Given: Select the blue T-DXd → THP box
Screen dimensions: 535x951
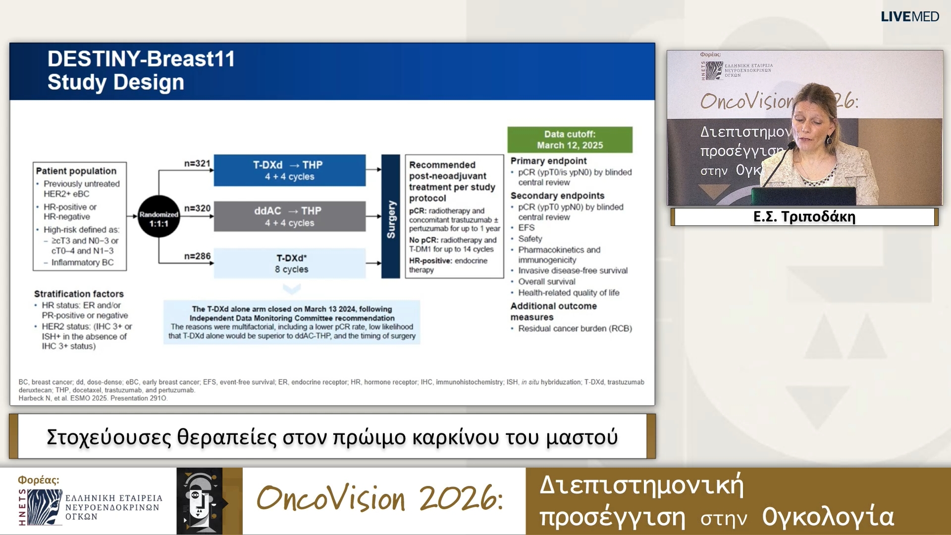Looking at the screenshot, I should [290, 170].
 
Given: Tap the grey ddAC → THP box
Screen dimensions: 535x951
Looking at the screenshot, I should [290, 216].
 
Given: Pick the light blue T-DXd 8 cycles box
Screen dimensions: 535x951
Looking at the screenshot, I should [290, 264].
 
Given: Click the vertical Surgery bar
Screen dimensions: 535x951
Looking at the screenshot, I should [391, 216].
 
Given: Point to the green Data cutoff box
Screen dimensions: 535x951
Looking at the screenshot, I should [570, 140].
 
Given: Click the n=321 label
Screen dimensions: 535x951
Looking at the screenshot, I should [197, 163].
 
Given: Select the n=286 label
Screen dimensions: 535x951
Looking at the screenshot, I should [197, 256].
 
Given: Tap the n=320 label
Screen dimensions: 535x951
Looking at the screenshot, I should [197, 209].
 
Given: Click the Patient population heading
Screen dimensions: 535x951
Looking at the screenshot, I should [76, 171].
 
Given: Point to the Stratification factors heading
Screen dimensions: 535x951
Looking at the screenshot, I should [79, 294].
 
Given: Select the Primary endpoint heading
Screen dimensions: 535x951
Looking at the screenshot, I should [548, 161].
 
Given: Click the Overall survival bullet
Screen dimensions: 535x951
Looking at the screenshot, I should [546, 282].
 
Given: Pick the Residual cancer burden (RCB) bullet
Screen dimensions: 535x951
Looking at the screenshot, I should [575, 328].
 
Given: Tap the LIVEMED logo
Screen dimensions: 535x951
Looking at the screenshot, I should [909, 17].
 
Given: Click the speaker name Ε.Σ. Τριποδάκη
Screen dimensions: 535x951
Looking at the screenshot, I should [804, 217].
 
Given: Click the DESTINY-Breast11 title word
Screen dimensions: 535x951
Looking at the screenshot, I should [141, 59].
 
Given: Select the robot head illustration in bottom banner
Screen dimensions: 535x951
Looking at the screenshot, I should [200, 501].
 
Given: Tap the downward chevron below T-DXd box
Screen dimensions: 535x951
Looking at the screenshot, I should [292, 288].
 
